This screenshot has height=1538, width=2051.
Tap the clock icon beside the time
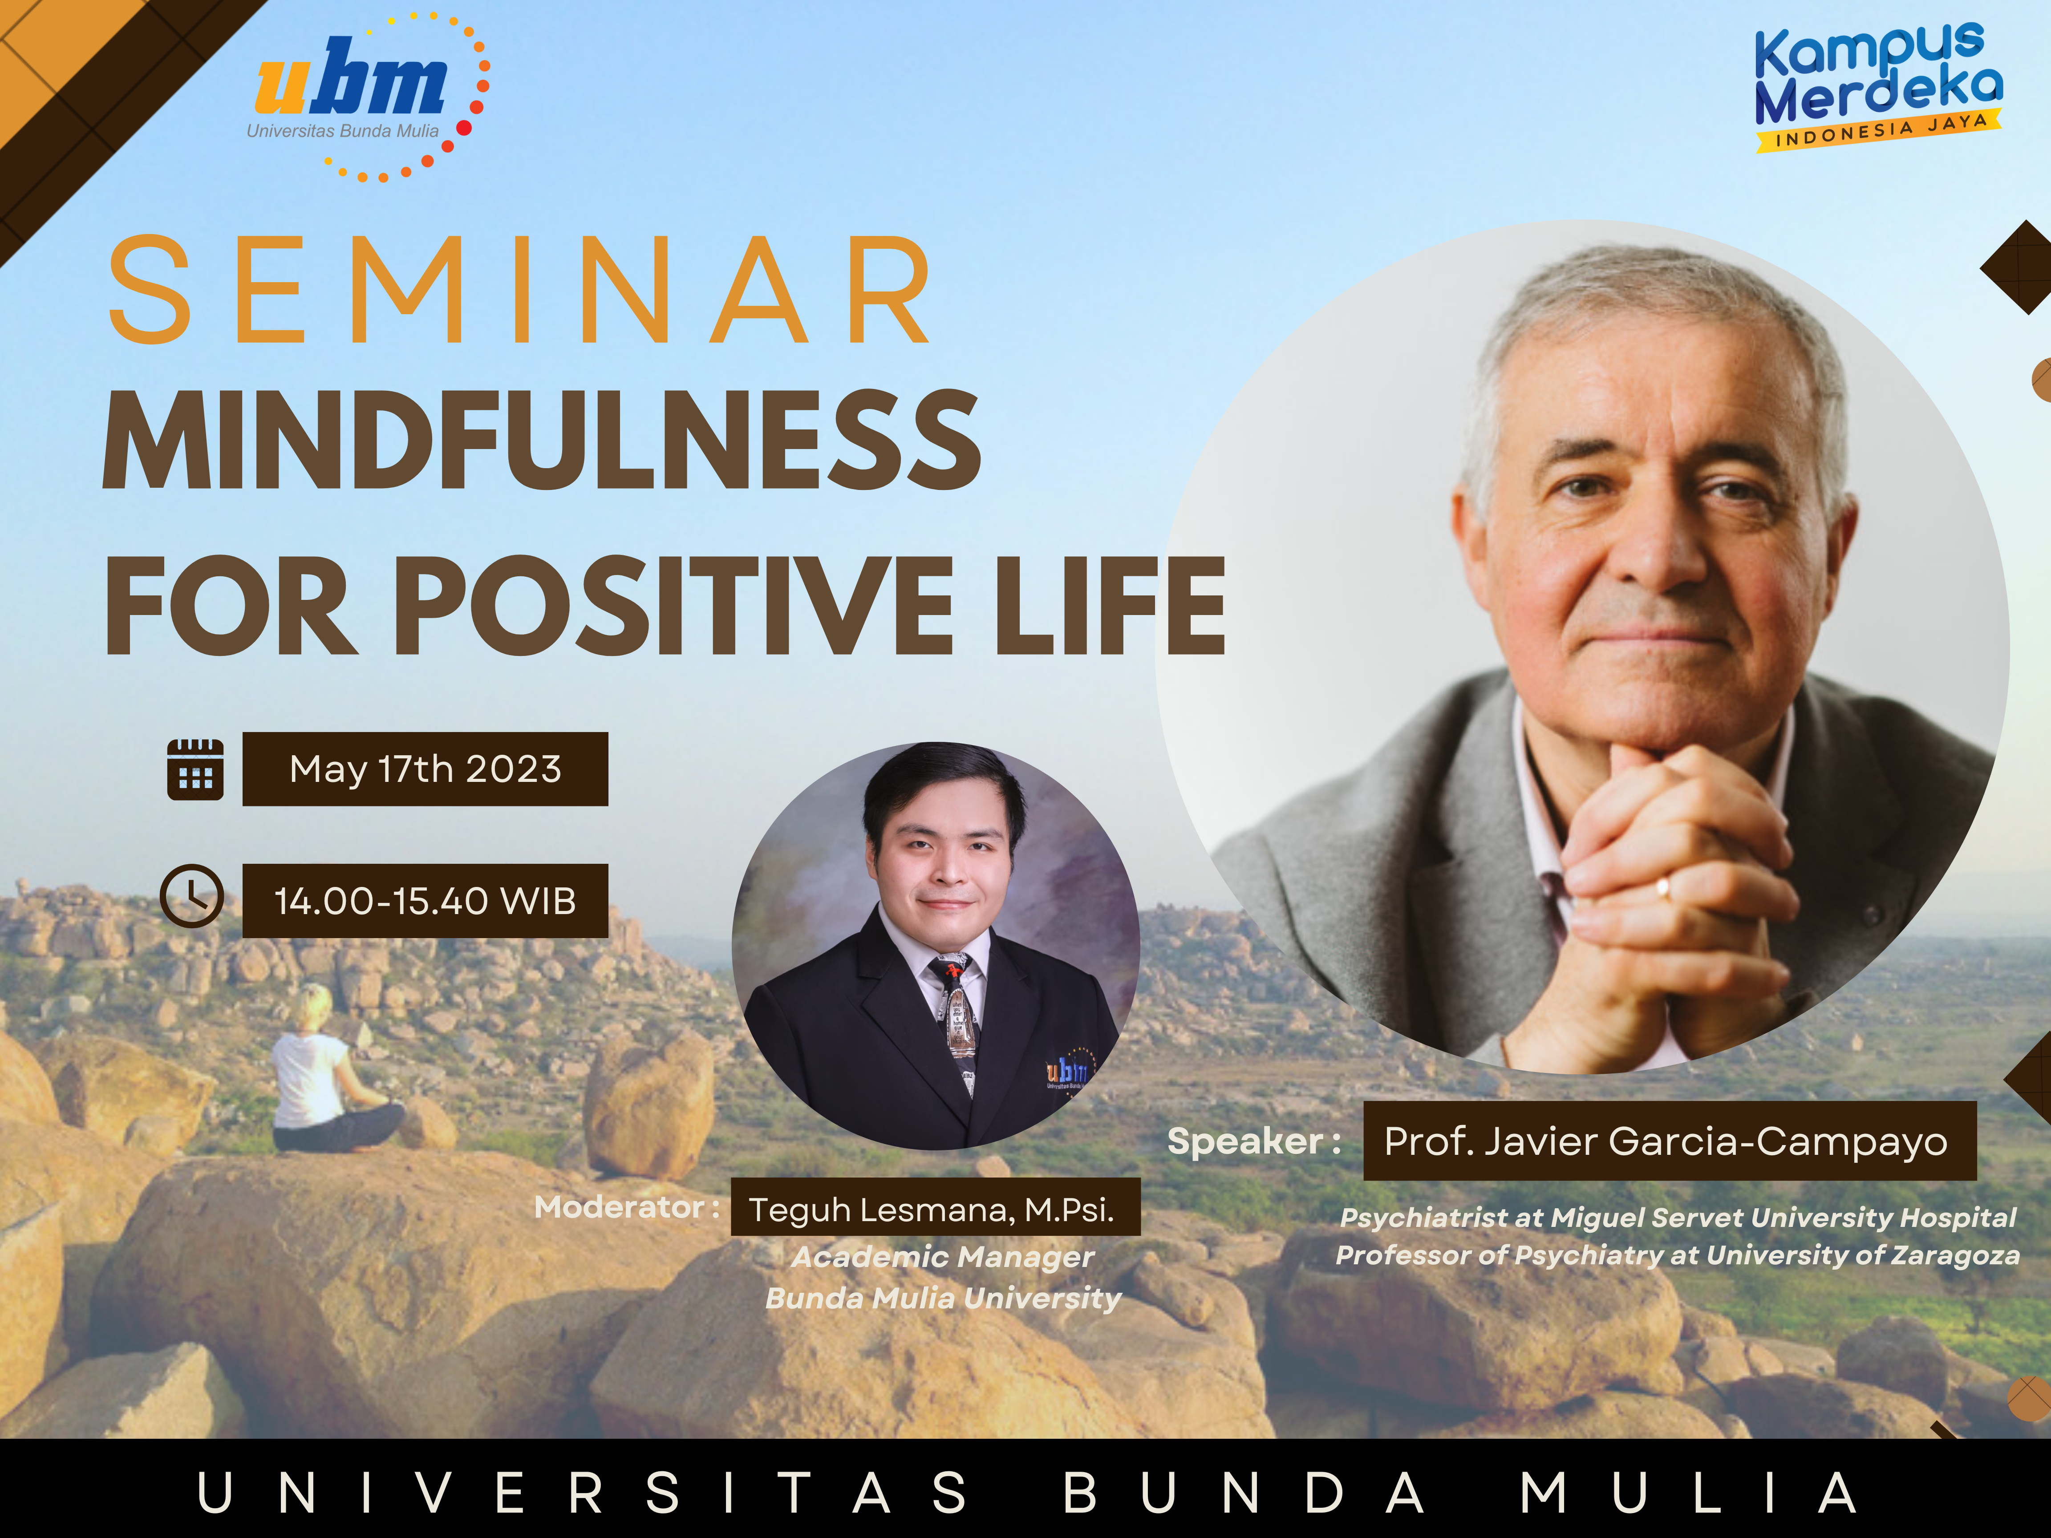point(192,896)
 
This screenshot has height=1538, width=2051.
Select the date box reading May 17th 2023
point(426,769)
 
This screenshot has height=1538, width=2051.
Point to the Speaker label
point(1253,1141)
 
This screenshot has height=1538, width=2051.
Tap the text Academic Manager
point(943,1257)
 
